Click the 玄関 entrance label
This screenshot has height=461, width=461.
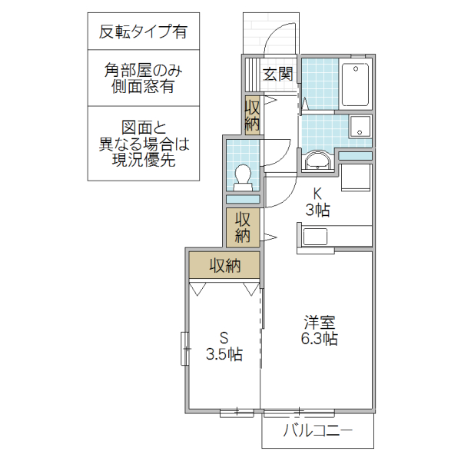click(x=277, y=74)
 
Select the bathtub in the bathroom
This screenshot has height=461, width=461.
click(x=355, y=85)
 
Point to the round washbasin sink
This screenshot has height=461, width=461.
click(x=316, y=161)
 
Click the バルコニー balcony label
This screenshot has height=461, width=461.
click(x=317, y=430)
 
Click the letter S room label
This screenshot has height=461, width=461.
click(x=224, y=337)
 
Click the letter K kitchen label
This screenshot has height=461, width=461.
click(x=317, y=192)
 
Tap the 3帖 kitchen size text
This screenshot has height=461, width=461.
click(x=317, y=210)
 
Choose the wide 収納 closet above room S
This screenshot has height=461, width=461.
click(x=225, y=266)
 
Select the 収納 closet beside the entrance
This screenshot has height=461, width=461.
click(x=252, y=113)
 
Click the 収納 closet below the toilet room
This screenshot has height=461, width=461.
click(x=243, y=225)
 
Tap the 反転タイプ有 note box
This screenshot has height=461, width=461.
click(x=143, y=32)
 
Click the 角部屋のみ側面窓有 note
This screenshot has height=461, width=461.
click(x=143, y=78)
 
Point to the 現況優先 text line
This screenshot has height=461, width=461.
click(x=143, y=161)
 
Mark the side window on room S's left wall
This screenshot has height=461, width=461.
click(x=185, y=348)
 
